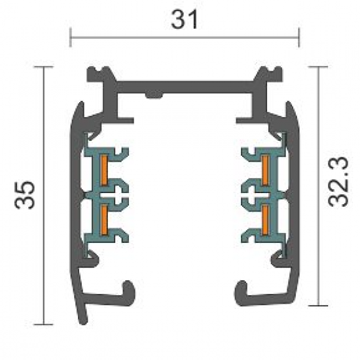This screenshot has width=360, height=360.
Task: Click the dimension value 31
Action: [185, 20]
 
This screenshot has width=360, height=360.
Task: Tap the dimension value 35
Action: [25, 195]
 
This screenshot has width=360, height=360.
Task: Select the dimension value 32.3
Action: [338, 182]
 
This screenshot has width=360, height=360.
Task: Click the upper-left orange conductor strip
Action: [104, 170]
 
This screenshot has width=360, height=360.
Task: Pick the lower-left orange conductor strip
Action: [104, 220]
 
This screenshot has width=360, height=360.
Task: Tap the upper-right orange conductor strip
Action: [265, 170]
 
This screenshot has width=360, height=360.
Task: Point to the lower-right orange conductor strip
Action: [265, 220]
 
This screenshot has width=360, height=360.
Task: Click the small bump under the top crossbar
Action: [154, 95]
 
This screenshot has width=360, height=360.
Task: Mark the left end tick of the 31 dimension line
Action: [70, 37]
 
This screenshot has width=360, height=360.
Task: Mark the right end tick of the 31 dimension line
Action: [298, 37]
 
